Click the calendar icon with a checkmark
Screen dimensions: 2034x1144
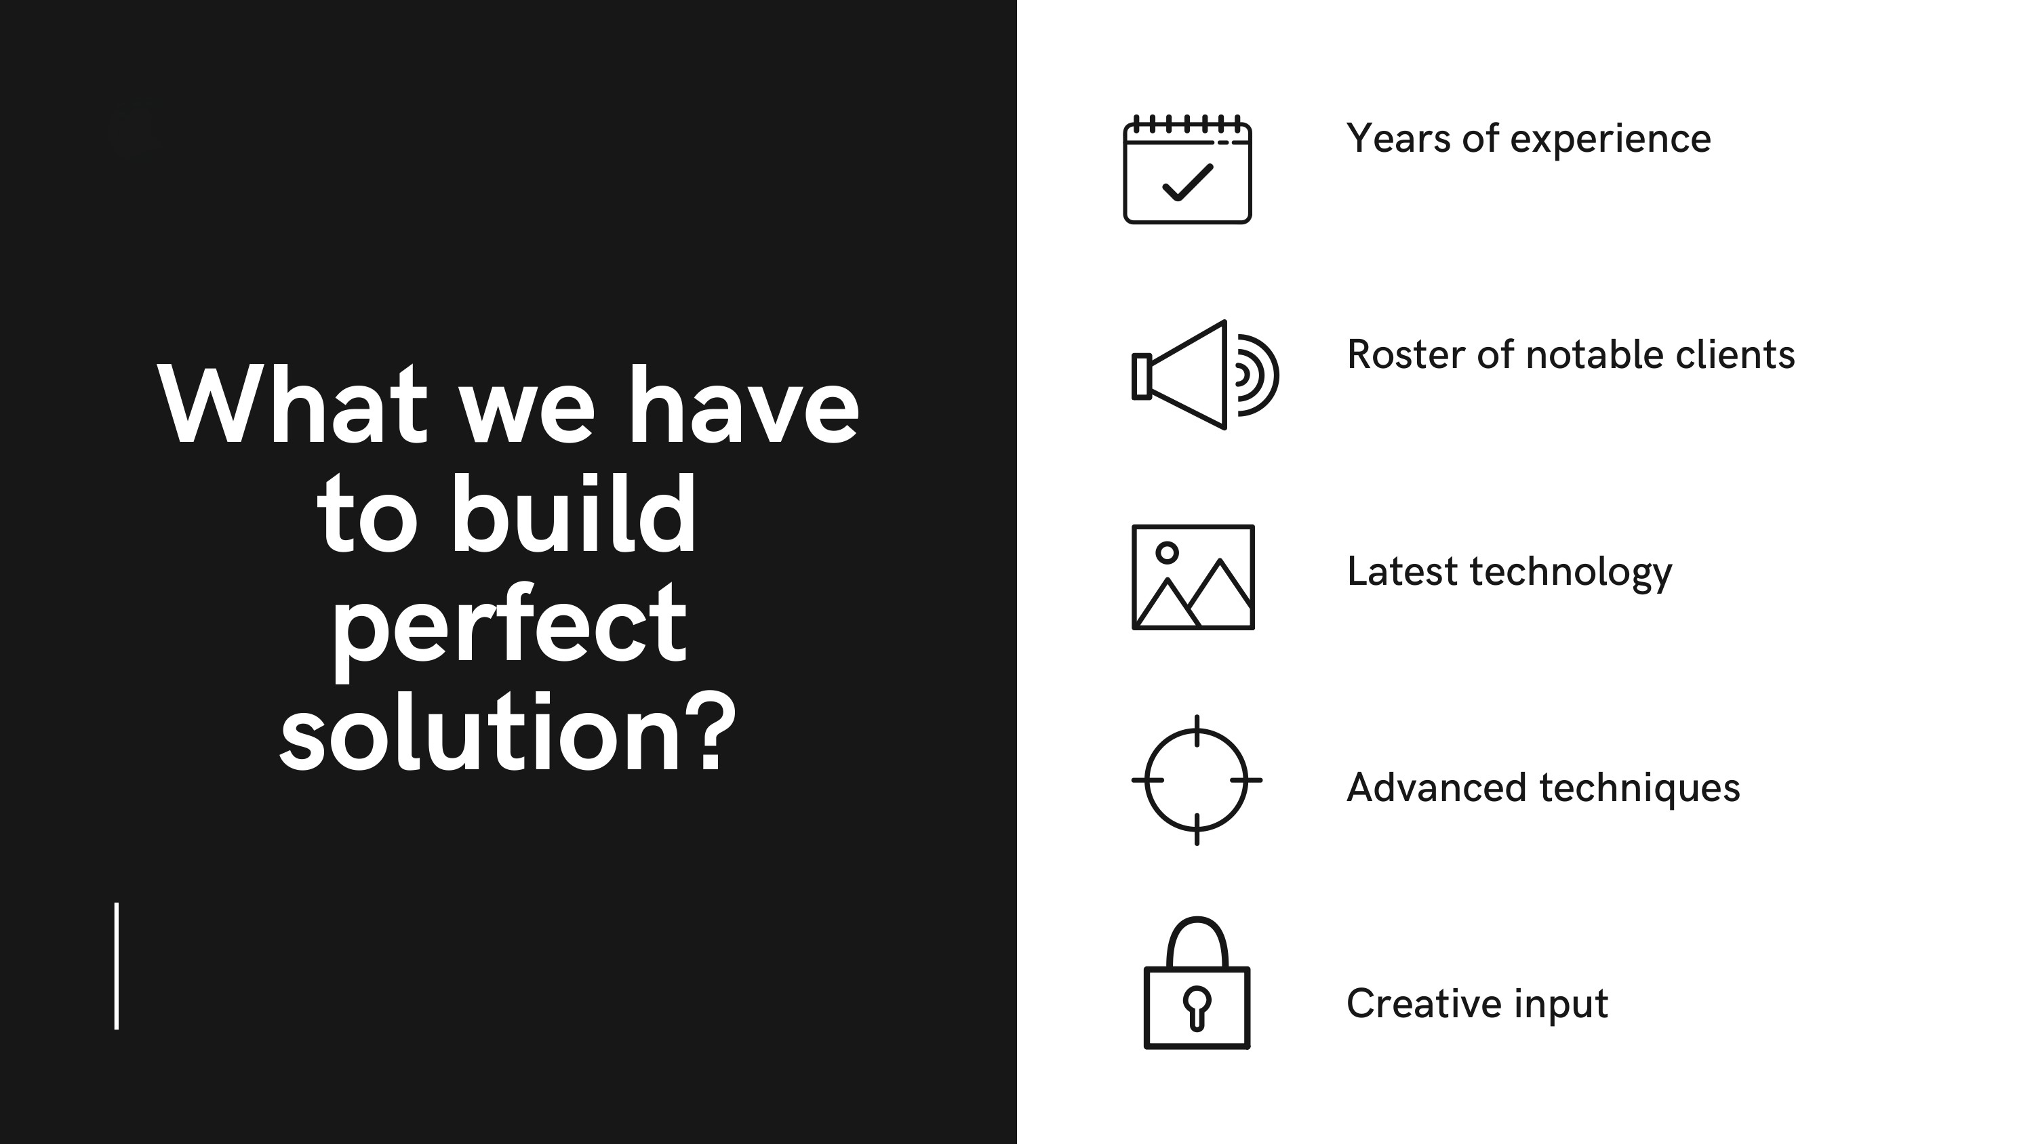(x=1186, y=169)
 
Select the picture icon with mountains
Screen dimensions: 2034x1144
(x=1193, y=577)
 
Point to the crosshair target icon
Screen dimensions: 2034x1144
(x=1197, y=780)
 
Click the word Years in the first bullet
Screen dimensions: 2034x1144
(x=1398, y=138)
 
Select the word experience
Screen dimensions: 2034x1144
(x=1611, y=140)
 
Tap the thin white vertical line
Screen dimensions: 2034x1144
(x=117, y=966)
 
